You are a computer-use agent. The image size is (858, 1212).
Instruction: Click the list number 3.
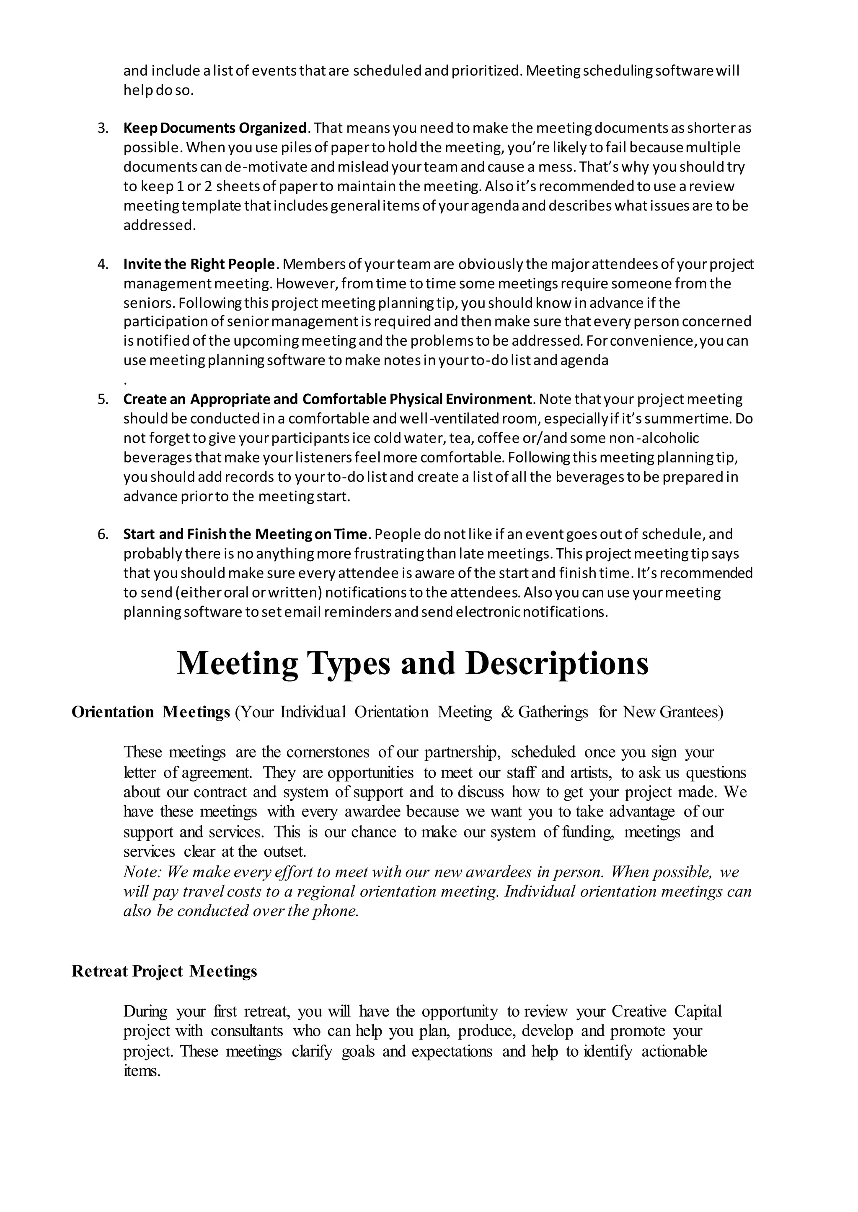[103, 128]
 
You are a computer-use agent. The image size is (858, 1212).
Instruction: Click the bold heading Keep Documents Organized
[215, 128]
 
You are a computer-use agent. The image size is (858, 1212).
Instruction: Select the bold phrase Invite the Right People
[199, 264]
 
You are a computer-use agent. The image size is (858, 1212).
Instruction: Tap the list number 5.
[103, 399]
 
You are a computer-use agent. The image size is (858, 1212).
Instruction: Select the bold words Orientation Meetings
[150, 712]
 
